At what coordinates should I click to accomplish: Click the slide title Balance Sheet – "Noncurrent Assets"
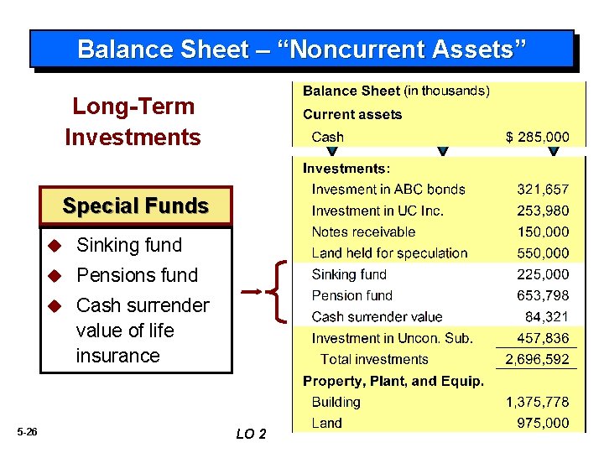point(302,49)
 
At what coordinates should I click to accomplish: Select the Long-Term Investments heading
point(133,122)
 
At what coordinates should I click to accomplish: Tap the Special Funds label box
point(136,206)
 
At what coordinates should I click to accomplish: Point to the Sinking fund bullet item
point(128,245)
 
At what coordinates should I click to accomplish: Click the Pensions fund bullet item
point(137,275)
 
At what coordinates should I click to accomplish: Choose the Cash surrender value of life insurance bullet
point(142,330)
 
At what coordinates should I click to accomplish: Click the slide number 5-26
point(27,431)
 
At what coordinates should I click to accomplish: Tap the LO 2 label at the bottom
point(251,434)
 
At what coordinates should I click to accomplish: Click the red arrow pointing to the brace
point(253,292)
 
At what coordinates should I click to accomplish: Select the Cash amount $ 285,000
point(537,137)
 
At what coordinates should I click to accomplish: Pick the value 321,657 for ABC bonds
point(542,190)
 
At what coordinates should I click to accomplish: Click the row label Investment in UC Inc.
point(377,211)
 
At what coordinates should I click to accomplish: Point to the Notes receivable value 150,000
point(542,232)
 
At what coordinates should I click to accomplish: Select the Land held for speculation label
point(389,253)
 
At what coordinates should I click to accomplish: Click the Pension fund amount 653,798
point(542,295)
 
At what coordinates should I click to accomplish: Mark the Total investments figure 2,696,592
point(537,359)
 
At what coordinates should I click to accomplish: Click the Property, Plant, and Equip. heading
point(393,381)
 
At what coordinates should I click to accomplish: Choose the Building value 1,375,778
point(537,402)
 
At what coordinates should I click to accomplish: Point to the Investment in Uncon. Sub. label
point(392,338)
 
